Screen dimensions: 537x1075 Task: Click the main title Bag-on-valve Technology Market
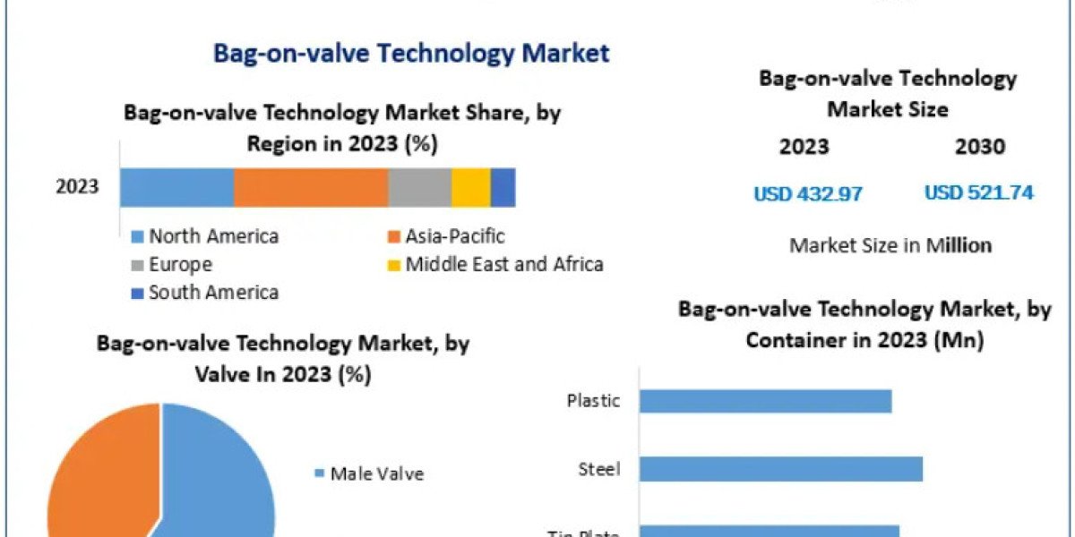pyautogui.click(x=411, y=53)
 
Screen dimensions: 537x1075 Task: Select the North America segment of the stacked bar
pyautogui.click(x=176, y=187)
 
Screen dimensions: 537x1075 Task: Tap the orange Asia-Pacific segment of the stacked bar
pyautogui.click(x=310, y=187)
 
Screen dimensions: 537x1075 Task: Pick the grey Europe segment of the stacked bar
pyautogui.click(x=419, y=187)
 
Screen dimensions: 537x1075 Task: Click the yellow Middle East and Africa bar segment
pyautogui.click(x=470, y=187)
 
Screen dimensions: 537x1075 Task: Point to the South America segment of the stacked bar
pyautogui.click(x=503, y=187)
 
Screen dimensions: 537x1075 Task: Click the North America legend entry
pyautogui.click(x=205, y=236)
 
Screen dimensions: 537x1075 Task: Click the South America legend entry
pyautogui.click(x=205, y=293)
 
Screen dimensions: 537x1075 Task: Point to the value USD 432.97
pyautogui.click(x=807, y=193)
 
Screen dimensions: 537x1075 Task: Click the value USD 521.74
pyautogui.click(x=978, y=192)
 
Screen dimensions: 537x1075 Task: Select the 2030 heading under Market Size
pyautogui.click(x=979, y=147)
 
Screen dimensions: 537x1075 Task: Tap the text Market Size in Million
pyautogui.click(x=890, y=245)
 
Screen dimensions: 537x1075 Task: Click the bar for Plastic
pyautogui.click(x=765, y=401)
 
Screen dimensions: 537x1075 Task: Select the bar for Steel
pyautogui.click(x=780, y=469)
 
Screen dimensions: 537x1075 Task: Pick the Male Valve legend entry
pyautogui.click(x=368, y=473)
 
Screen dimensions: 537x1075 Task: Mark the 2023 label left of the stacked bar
pyautogui.click(x=77, y=187)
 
